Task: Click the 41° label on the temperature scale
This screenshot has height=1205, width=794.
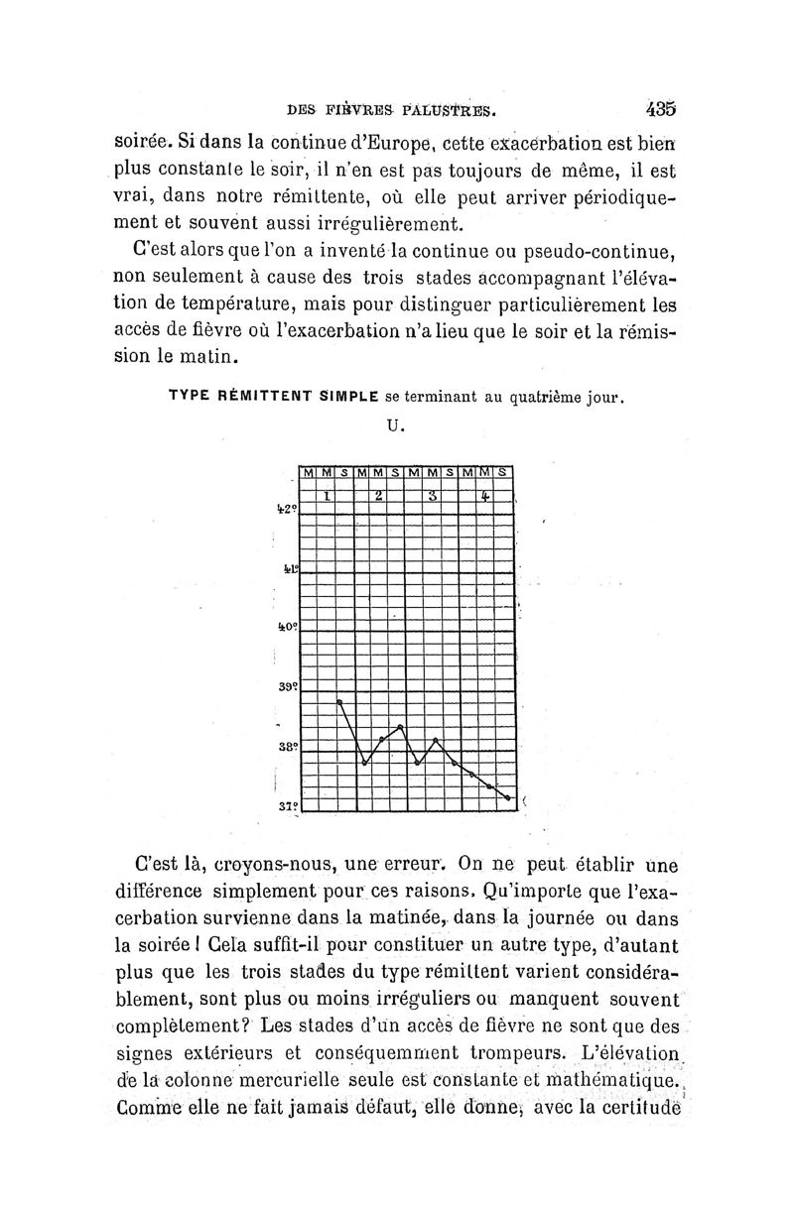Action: point(288,569)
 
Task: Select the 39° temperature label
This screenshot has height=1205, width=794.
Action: point(287,686)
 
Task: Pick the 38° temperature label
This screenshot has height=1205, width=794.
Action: point(287,746)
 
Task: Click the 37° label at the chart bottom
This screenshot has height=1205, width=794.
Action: point(288,804)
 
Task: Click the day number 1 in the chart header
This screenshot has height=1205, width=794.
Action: point(326,494)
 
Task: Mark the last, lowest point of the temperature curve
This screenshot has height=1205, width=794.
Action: point(508,797)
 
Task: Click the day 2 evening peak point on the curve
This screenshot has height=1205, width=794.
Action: point(400,727)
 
